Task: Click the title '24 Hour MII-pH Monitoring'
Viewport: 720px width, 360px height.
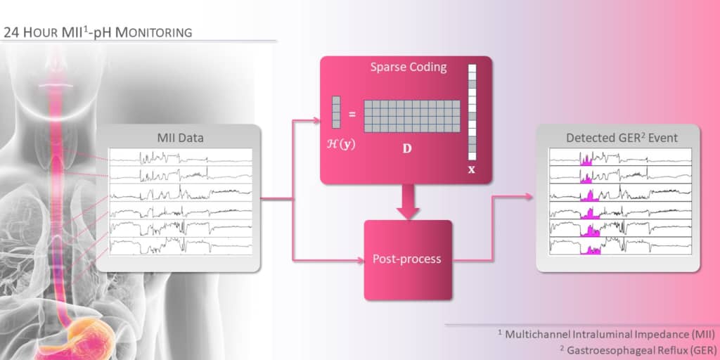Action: tap(98, 32)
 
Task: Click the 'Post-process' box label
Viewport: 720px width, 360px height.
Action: tap(407, 259)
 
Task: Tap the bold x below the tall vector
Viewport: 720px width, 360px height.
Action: tap(472, 169)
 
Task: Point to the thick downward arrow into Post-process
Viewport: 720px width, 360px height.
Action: tap(406, 202)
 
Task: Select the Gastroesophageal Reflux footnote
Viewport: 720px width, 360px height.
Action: tap(610, 348)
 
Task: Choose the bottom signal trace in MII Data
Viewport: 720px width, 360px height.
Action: tap(180, 245)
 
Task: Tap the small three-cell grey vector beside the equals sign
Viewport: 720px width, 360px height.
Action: tap(335, 112)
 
